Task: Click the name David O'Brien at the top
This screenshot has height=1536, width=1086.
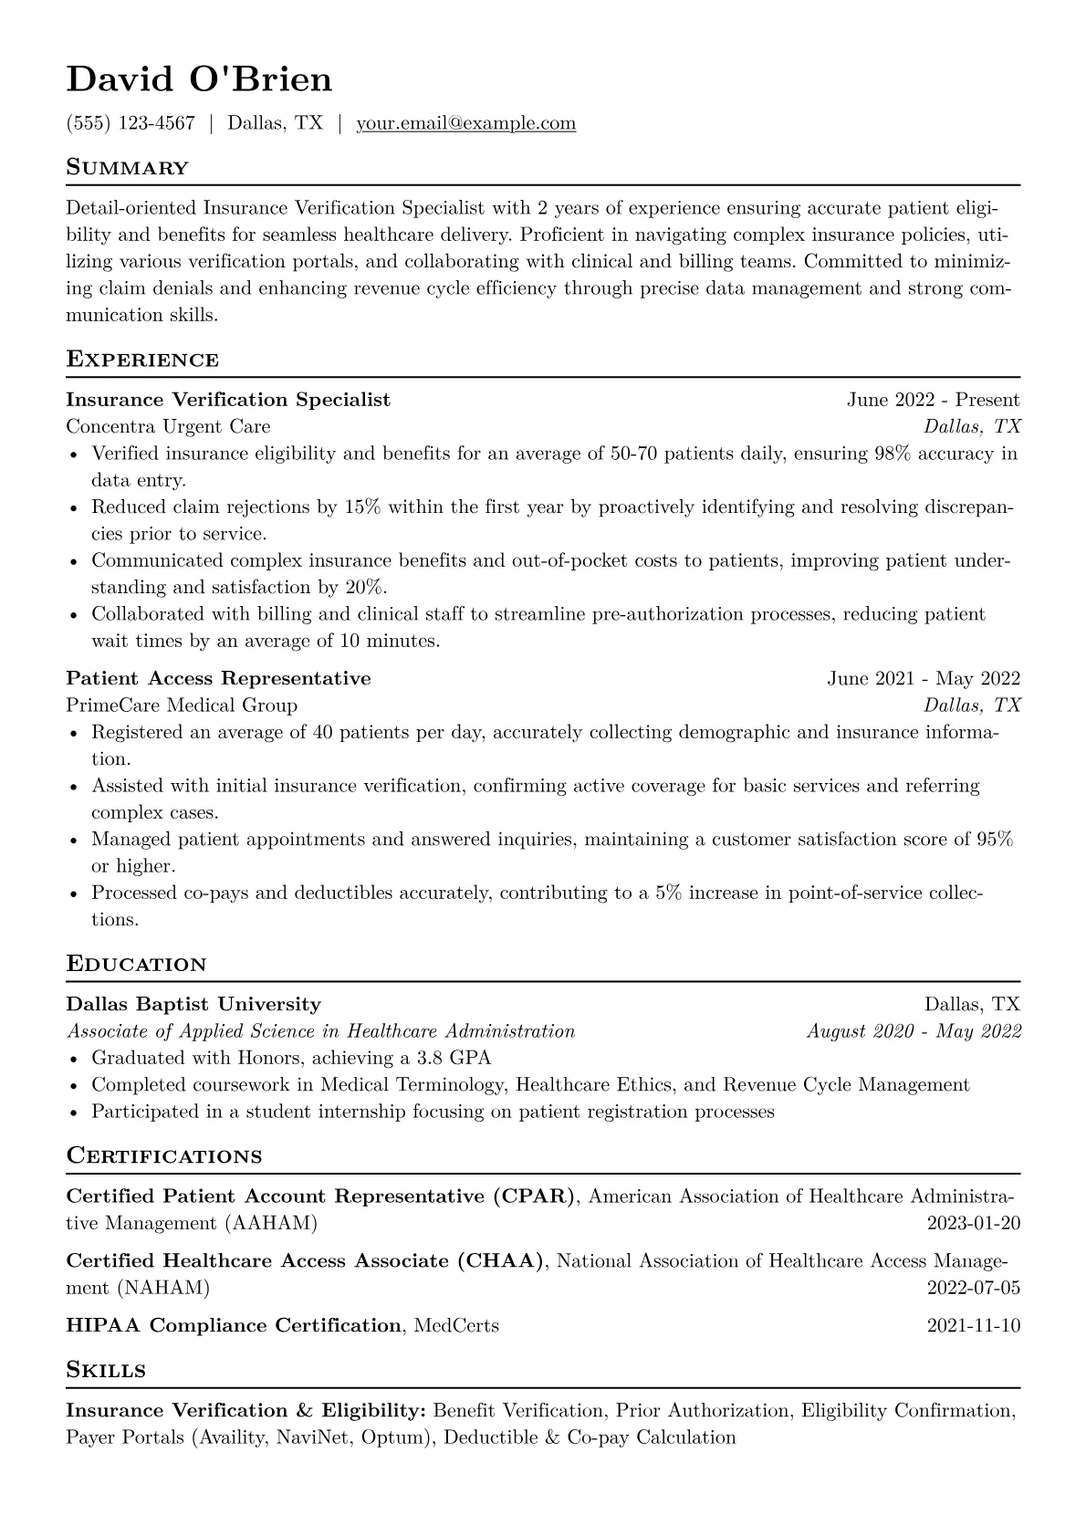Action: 199,80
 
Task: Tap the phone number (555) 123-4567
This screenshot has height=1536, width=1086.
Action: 131,123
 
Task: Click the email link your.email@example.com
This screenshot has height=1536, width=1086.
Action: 465,123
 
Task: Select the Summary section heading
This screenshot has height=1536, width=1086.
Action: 127,168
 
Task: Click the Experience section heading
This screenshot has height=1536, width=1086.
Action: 142,360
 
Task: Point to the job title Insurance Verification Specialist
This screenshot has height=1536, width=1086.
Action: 228,400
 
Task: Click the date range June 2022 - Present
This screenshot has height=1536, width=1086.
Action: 933,400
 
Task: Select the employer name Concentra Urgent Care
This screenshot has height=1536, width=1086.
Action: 168,426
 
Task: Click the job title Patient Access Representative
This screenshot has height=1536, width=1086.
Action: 218,678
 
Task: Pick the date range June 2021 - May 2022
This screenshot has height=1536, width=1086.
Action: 923,678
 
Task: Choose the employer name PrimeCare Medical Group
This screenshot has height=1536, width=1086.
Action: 182,705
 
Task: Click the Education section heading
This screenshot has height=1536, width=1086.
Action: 136,965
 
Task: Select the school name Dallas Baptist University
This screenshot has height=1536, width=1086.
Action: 193,1005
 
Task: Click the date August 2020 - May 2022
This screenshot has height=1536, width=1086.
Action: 914,1031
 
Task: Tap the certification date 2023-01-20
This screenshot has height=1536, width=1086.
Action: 973,1223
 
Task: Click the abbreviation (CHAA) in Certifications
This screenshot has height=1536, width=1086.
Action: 501,1261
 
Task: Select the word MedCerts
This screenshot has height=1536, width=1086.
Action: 456,1325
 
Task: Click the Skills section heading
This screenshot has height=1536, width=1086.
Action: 106,1371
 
